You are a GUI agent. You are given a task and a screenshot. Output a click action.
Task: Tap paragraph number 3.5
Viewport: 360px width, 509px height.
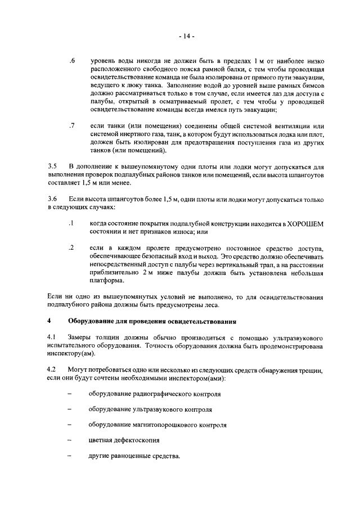pyautogui.click(x=52, y=166)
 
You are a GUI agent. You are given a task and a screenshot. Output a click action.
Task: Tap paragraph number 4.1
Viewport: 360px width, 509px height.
pyautogui.click(x=52, y=337)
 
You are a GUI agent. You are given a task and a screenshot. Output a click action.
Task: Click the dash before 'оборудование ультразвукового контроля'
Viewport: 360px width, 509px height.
pyautogui.click(x=70, y=409)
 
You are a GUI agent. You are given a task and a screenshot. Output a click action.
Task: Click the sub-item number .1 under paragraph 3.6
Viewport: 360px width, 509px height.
pyautogui.click(x=71, y=224)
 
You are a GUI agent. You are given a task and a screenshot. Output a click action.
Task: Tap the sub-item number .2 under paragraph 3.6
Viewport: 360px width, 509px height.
pyautogui.click(x=71, y=248)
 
